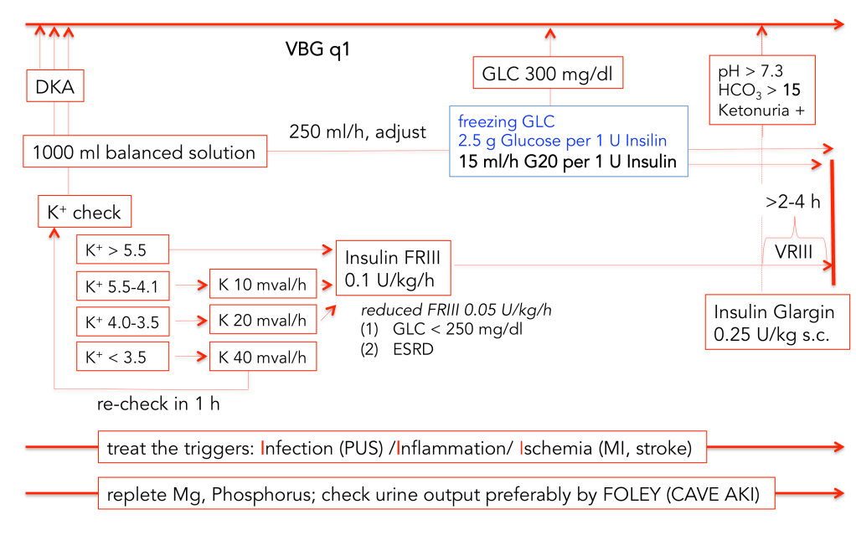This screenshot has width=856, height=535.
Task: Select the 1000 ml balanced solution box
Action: pos(143,152)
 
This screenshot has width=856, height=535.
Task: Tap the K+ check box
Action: pos(85,213)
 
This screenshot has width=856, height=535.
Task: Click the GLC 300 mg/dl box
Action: pos(548,75)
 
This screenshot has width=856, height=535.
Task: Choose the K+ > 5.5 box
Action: pos(121,249)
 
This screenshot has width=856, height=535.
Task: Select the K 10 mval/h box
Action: pos(263,286)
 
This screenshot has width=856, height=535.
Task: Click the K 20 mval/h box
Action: pos(263,320)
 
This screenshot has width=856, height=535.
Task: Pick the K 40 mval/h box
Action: pos(263,358)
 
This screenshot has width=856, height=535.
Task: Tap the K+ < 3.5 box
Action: pos(121,358)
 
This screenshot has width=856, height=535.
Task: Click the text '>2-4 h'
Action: pos(792,201)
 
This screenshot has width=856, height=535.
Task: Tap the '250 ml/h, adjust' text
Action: pos(358,131)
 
